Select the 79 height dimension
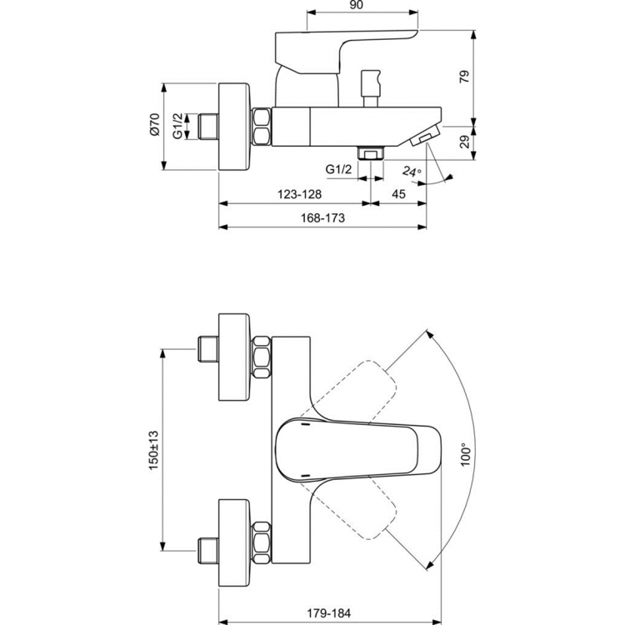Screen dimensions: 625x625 [x=465, y=77]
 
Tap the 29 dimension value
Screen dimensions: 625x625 [x=465, y=142]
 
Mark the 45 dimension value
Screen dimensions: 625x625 [x=398, y=193]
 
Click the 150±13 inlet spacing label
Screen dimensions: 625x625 [x=152, y=451]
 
